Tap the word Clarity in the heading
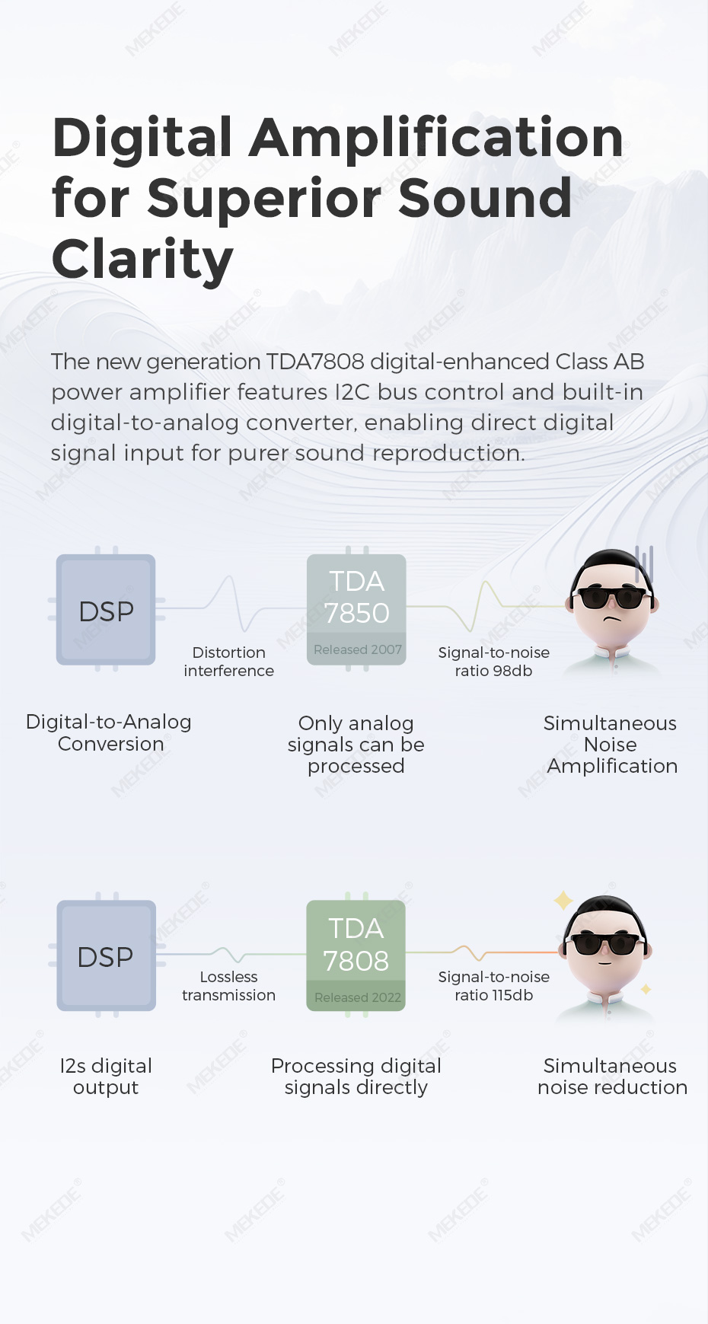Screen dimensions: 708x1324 (142, 260)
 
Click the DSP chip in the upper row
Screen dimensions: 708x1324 (106, 609)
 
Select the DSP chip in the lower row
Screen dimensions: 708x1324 (106, 956)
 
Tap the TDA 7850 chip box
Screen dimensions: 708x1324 (356, 609)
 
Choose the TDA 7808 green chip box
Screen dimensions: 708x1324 (356, 956)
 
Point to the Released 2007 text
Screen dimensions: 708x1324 (358, 649)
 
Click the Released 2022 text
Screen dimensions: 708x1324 (358, 997)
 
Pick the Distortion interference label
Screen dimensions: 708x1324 (229, 662)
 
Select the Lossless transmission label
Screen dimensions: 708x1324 (228, 986)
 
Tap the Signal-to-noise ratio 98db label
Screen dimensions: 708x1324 (494, 662)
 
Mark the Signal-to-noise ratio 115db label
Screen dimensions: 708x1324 (494, 986)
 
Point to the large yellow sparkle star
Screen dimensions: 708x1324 (563, 901)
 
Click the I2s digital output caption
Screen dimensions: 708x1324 (106, 1077)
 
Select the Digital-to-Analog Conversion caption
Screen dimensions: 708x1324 (109, 732)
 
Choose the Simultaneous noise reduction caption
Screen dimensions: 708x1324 (612, 1077)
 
